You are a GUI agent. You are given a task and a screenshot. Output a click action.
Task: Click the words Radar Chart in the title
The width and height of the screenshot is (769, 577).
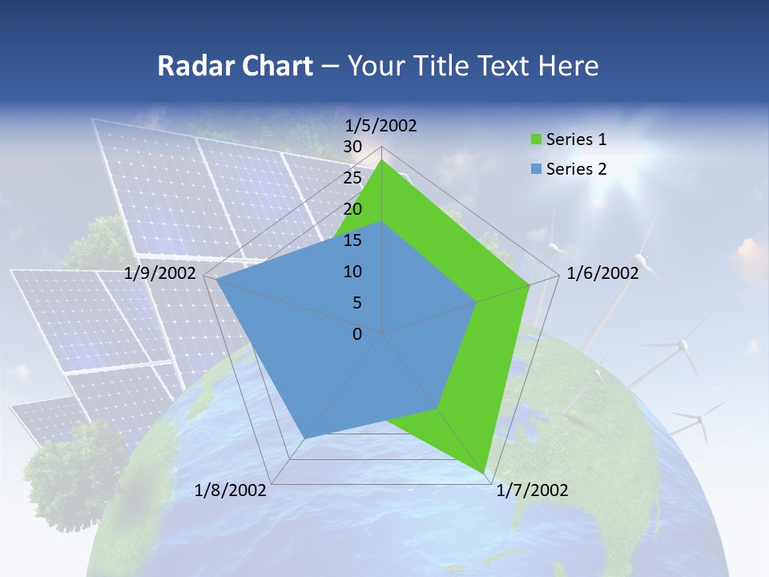click(235, 66)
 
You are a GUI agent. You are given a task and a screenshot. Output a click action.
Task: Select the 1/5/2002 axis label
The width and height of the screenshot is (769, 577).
click(381, 125)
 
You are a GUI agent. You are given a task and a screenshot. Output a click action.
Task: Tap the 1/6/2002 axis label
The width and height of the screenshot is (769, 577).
click(602, 273)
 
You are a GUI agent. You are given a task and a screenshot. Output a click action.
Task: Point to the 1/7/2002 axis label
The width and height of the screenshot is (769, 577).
click(532, 490)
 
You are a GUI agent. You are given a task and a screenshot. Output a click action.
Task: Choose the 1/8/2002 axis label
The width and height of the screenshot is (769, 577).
click(231, 490)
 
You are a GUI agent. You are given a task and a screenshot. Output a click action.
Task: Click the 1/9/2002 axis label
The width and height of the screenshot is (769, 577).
click(160, 273)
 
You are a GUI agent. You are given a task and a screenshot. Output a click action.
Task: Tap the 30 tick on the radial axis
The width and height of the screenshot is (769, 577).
click(352, 147)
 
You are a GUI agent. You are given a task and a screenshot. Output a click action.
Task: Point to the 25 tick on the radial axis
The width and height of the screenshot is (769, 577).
click(352, 178)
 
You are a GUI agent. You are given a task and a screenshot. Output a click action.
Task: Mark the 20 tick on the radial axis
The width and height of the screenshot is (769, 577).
click(352, 209)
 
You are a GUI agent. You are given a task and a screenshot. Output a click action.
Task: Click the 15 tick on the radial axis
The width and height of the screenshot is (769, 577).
click(352, 240)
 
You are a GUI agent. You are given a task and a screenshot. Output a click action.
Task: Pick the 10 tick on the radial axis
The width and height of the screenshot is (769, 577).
click(352, 272)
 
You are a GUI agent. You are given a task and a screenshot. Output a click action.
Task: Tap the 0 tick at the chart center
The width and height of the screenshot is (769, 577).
click(357, 334)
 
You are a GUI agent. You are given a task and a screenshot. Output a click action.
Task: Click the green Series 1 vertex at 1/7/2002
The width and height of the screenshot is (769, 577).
click(486, 475)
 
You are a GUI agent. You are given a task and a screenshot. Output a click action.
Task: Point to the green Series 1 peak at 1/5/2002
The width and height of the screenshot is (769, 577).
click(382, 160)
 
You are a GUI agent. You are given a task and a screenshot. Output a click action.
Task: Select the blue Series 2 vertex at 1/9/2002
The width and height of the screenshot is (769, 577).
click(217, 280)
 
